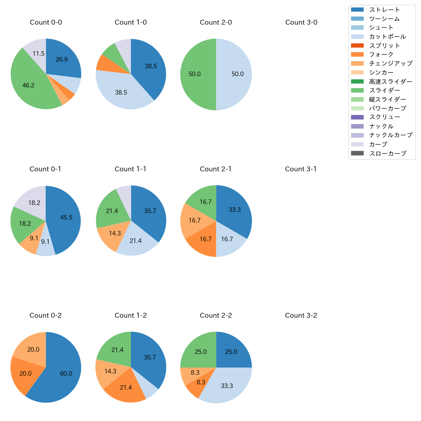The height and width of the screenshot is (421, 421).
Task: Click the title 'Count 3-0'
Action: tap(301, 22)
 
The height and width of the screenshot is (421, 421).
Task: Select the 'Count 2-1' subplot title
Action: tap(216, 169)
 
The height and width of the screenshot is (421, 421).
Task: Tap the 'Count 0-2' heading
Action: tap(46, 315)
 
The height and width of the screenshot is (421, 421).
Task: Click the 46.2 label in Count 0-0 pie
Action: tap(28, 85)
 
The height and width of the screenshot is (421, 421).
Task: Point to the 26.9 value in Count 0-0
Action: tap(62, 59)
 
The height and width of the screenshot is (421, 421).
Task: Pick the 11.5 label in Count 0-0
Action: tap(39, 54)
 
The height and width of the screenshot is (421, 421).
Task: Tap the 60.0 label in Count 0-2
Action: tap(66, 373)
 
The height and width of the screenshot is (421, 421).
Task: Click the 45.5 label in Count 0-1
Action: tap(66, 217)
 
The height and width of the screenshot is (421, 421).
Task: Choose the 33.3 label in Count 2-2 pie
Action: tap(227, 386)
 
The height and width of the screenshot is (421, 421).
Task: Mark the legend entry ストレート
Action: tap(384, 10)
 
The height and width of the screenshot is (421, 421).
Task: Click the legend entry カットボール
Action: tap(387, 37)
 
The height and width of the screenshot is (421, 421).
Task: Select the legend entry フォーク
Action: tap(381, 54)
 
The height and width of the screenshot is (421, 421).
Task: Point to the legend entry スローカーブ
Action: tap(388, 154)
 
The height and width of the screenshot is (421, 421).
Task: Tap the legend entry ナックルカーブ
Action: tap(391, 135)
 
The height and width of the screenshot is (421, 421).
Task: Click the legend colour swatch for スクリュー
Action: tap(357, 117)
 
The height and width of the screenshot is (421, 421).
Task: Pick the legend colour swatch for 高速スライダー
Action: tap(357, 81)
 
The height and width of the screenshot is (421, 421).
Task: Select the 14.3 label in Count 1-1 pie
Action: tap(115, 233)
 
